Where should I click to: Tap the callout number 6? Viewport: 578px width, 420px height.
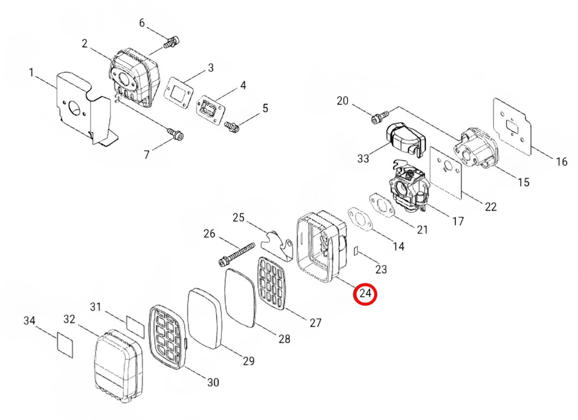143,24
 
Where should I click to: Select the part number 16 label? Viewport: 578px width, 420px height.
561,162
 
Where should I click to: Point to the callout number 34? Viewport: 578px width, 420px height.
30,320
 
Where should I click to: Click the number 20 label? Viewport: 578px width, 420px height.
342,101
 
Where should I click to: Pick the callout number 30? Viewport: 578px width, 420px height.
213,382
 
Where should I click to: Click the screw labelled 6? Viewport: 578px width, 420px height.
170,44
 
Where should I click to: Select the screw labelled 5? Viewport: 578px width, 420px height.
233,126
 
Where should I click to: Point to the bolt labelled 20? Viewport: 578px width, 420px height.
378,117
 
